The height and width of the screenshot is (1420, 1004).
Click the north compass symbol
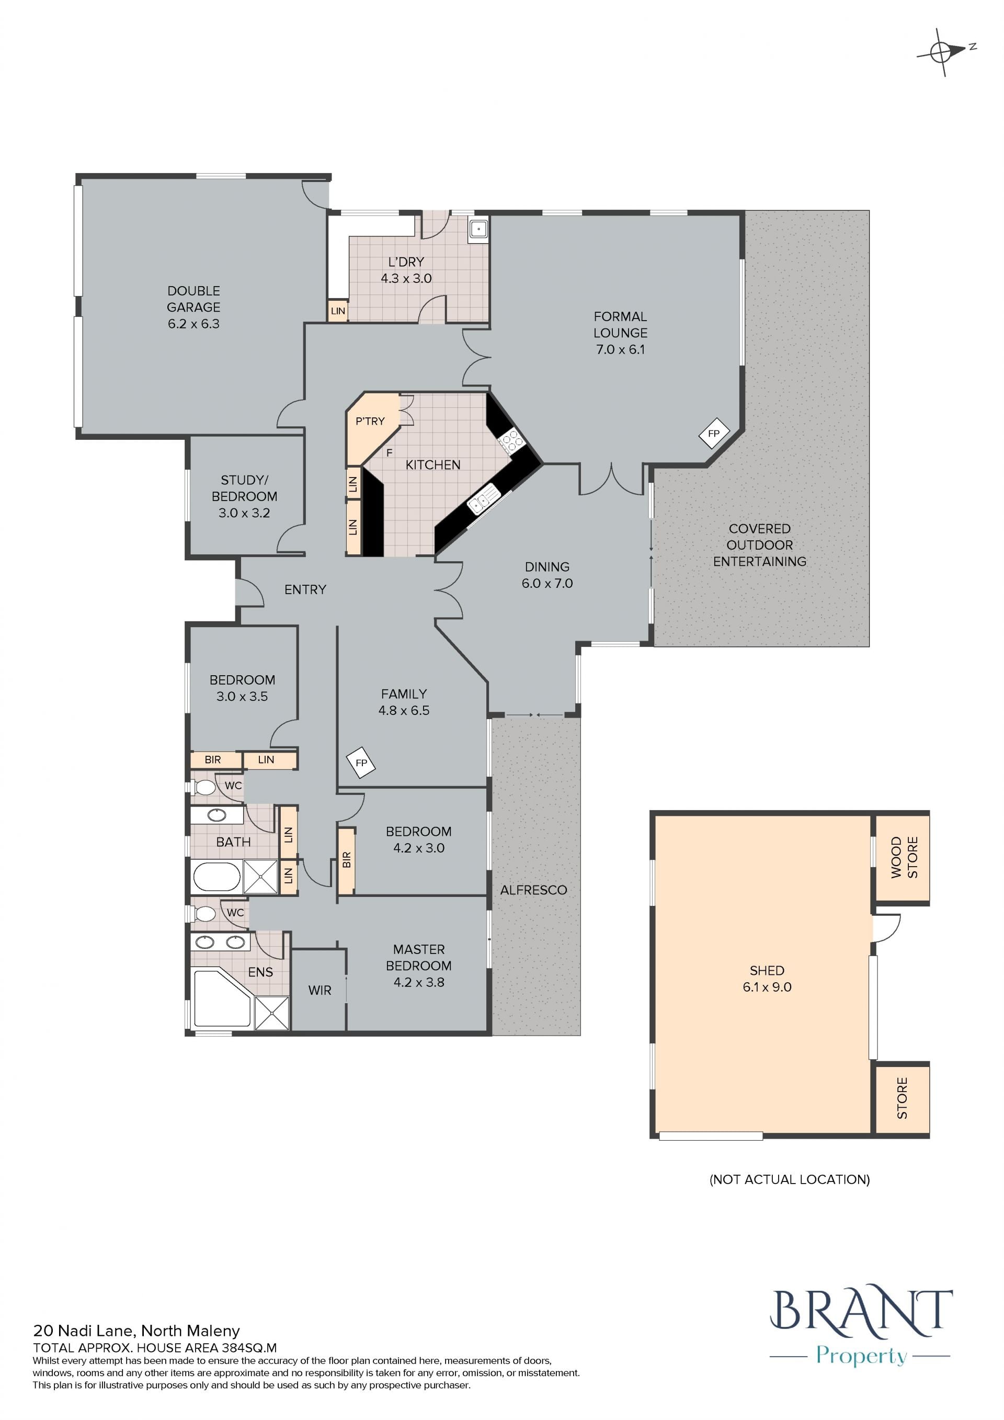(943, 53)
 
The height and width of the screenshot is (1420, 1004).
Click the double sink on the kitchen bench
(484, 499)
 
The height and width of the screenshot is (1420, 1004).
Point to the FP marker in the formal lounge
(714, 434)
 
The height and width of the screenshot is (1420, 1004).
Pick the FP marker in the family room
(361, 763)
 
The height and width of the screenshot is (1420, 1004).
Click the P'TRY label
(370, 421)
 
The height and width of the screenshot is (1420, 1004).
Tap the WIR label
(320, 990)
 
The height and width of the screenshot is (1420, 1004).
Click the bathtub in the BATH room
(216, 877)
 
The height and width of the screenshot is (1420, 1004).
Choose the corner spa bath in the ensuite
(223, 998)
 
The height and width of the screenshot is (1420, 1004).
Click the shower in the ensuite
(272, 1013)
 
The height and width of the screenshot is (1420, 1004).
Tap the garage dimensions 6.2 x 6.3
(193, 323)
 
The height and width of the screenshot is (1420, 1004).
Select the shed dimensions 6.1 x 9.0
(767, 987)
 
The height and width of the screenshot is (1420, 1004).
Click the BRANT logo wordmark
(861, 1311)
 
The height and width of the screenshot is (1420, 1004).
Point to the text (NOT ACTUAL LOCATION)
(790, 1179)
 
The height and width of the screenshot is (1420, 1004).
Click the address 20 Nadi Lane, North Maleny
(136, 1331)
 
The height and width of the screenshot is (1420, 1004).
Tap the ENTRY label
(305, 589)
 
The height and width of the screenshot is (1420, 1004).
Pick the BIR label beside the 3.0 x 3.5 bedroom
(213, 759)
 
